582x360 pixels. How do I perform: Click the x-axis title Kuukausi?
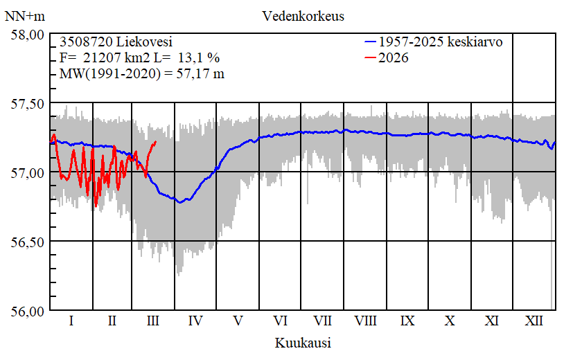pos(302,343)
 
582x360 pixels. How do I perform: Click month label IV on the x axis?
pos(195,321)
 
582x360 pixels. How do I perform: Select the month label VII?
pos(323,321)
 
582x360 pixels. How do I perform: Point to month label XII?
pos(534,321)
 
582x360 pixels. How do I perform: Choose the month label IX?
pos(407,321)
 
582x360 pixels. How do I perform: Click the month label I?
pos(71,321)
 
